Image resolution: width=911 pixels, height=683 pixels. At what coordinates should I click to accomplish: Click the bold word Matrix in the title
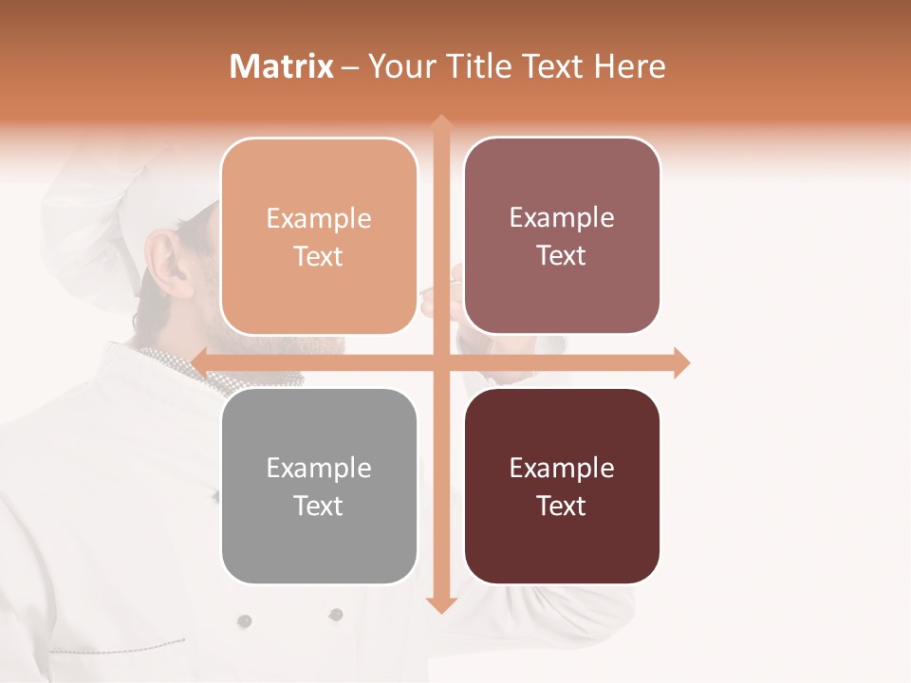pos(281,66)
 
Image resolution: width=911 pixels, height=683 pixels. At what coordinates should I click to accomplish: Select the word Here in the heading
pos(629,66)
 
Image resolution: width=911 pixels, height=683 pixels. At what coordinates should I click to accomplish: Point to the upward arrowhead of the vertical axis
pos(440,123)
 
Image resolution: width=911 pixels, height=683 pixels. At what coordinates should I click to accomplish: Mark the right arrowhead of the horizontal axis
pos(680,362)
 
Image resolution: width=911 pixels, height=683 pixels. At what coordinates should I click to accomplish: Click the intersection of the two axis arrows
pos(440,362)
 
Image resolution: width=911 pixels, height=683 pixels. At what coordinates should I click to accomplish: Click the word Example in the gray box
pos(319,469)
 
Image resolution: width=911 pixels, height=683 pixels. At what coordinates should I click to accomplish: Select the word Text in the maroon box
pos(562,507)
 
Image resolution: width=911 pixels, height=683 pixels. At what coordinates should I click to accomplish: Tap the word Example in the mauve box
pos(562,218)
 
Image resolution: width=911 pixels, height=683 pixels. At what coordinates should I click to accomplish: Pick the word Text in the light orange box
pos(319,257)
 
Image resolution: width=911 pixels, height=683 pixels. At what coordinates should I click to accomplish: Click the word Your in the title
pos(391,66)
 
